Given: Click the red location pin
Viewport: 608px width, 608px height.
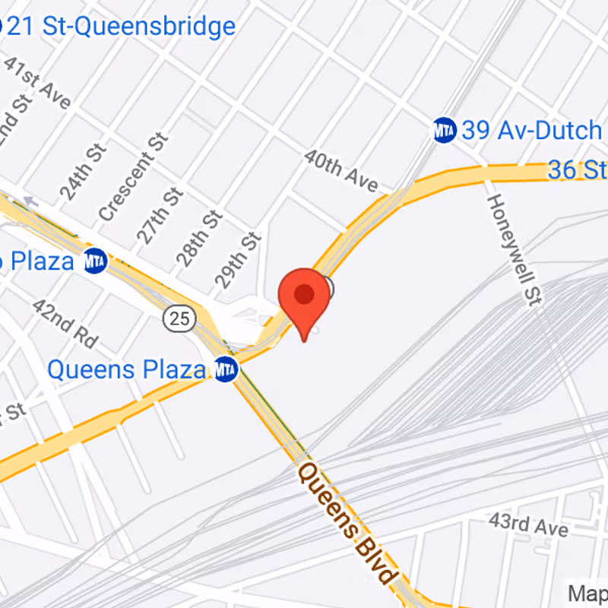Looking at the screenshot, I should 304,296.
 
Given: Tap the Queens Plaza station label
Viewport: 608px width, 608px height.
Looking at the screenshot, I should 126,370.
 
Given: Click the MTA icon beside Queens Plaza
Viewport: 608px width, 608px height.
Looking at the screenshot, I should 226,370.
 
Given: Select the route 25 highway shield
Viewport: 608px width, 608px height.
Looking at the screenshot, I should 179,318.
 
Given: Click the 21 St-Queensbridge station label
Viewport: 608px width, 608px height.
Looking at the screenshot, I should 122,27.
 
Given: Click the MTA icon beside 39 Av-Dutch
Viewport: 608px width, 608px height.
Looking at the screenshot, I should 445,130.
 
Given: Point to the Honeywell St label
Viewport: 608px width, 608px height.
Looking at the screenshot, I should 513,249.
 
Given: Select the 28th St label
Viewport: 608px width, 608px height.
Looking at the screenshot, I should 200,238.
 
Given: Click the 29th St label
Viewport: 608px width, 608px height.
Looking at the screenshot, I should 238,261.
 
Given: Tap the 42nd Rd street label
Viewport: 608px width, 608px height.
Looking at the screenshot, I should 65,322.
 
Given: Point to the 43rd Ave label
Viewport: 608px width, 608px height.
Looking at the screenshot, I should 530,524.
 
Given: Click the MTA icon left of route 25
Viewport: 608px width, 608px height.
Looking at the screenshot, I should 95,261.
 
